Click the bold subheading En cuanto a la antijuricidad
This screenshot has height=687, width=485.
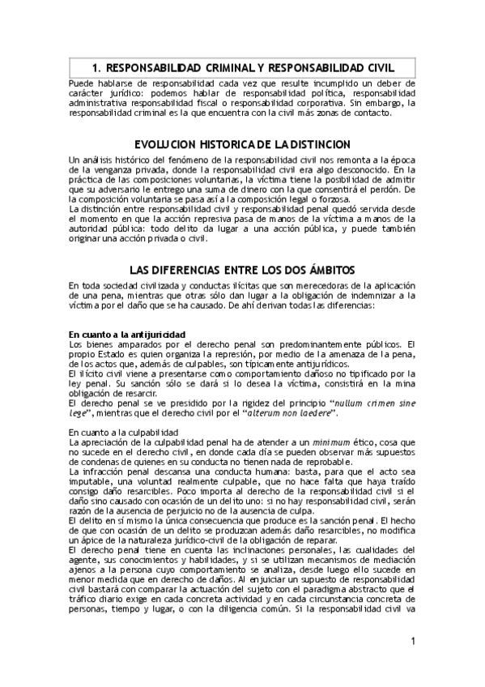127,334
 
